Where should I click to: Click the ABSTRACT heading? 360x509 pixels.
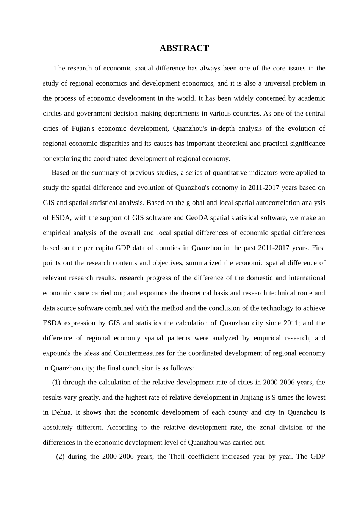click(x=184, y=48)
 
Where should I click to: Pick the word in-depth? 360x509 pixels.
click(x=223, y=128)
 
